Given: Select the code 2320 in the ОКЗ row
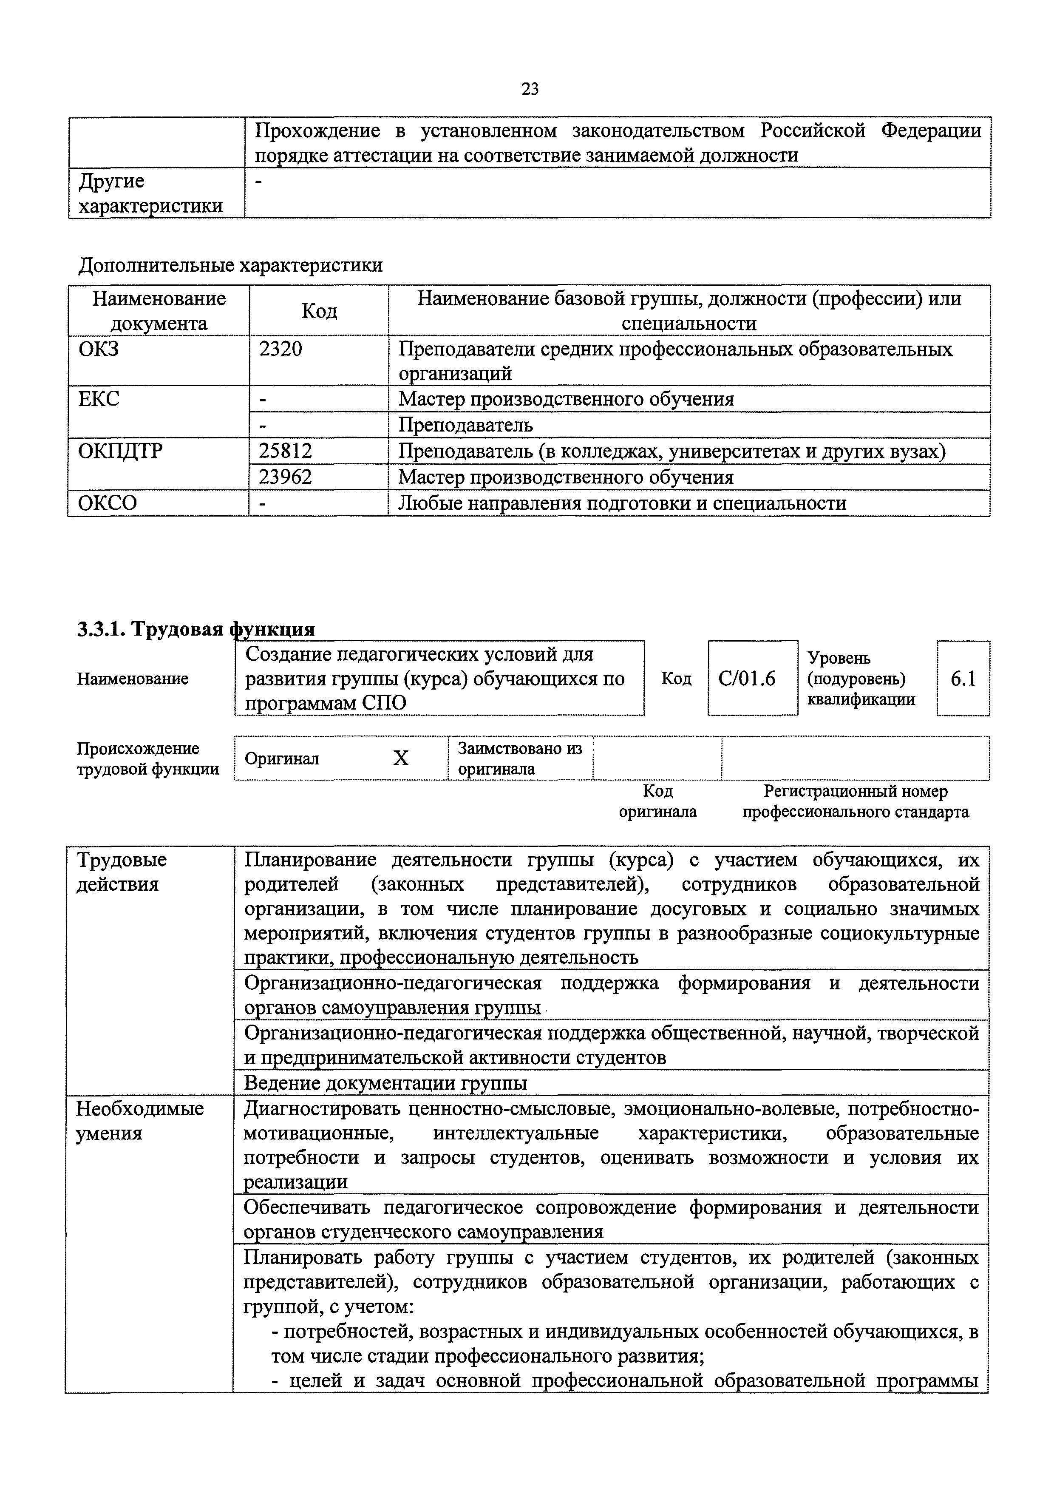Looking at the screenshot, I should (x=280, y=349).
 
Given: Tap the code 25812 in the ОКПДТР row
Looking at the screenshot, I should (x=285, y=451).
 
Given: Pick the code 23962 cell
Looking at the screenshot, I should (x=285, y=477).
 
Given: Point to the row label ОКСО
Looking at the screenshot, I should (x=108, y=503).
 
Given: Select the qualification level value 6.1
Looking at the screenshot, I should (x=963, y=679).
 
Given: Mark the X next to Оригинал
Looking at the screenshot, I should (x=401, y=758).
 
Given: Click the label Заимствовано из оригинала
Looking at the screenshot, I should (x=519, y=758).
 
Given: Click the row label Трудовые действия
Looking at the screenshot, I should (x=122, y=872).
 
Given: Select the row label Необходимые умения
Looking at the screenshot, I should (x=140, y=1121).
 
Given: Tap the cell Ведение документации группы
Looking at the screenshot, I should (x=385, y=1083).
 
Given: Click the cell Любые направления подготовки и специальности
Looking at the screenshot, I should (x=622, y=503).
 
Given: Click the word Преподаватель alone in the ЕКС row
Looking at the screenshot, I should (x=465, y=425).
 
